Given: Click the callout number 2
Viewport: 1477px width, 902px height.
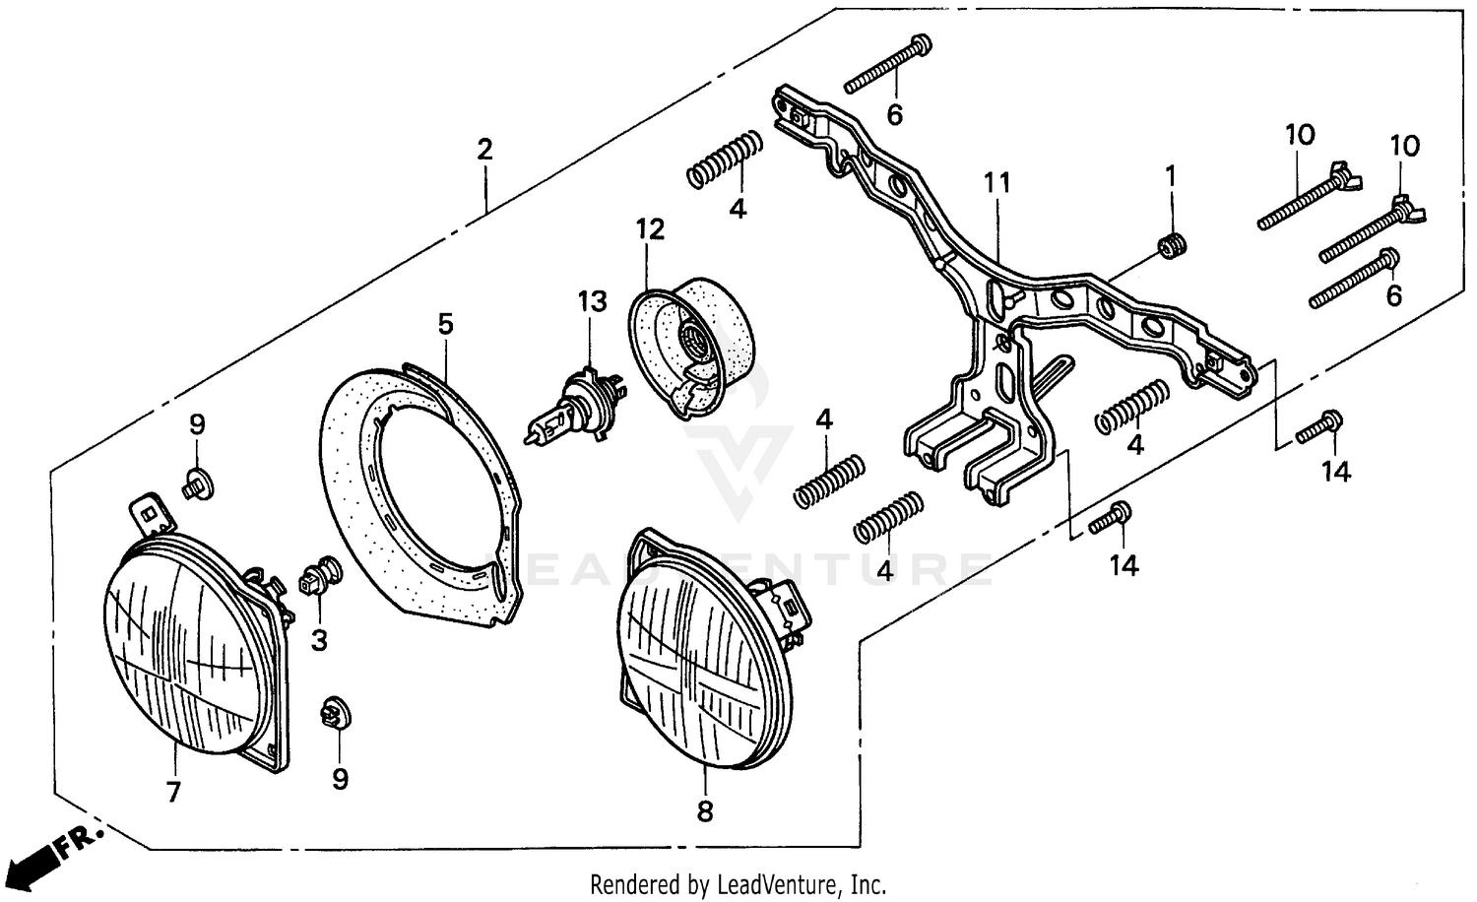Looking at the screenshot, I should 483,151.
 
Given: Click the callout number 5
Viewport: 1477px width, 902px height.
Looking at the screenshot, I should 446,324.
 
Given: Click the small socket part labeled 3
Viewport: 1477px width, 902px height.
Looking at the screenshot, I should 318,575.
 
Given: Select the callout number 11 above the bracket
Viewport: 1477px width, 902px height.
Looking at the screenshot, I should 996,183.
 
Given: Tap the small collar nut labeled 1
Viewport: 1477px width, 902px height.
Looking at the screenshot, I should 1172,245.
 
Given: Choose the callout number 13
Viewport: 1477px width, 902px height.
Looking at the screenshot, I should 593,302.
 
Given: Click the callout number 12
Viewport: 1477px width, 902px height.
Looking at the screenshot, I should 649,229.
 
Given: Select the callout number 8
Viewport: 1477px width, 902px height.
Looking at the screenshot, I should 705,811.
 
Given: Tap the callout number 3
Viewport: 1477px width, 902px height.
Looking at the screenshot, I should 319,641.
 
